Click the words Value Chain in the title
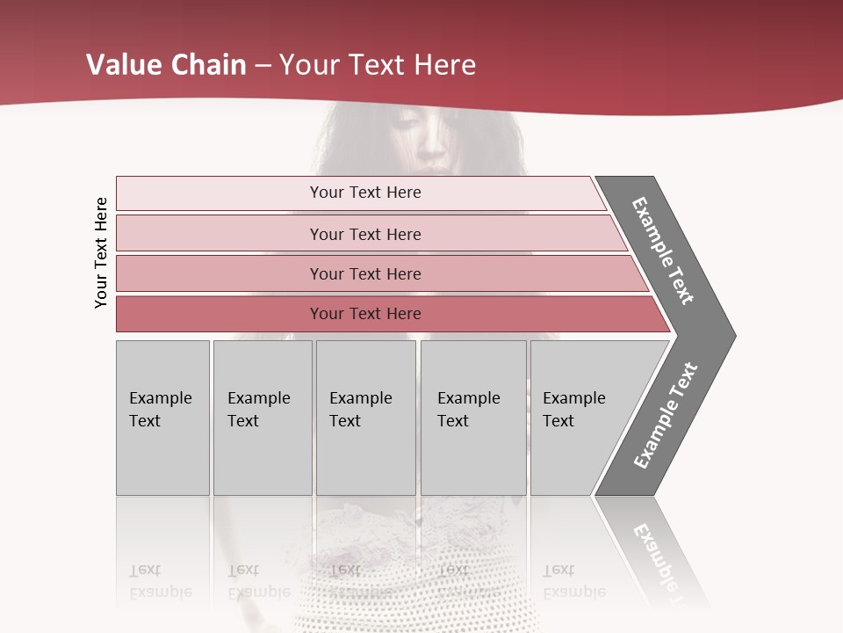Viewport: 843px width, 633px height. coord(166,65)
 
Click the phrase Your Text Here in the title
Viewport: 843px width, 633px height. coord(378,65)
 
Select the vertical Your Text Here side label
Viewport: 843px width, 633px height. coord(101,252)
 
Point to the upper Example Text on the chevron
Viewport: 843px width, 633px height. coord(664,251)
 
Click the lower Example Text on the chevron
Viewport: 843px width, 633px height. coord(666,416)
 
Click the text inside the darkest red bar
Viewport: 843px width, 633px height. coord(365,314)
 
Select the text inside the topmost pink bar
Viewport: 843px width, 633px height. coord(365,193)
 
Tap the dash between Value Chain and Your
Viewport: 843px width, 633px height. coord(263,66)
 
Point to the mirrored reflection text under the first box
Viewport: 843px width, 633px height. coord(161,581)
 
